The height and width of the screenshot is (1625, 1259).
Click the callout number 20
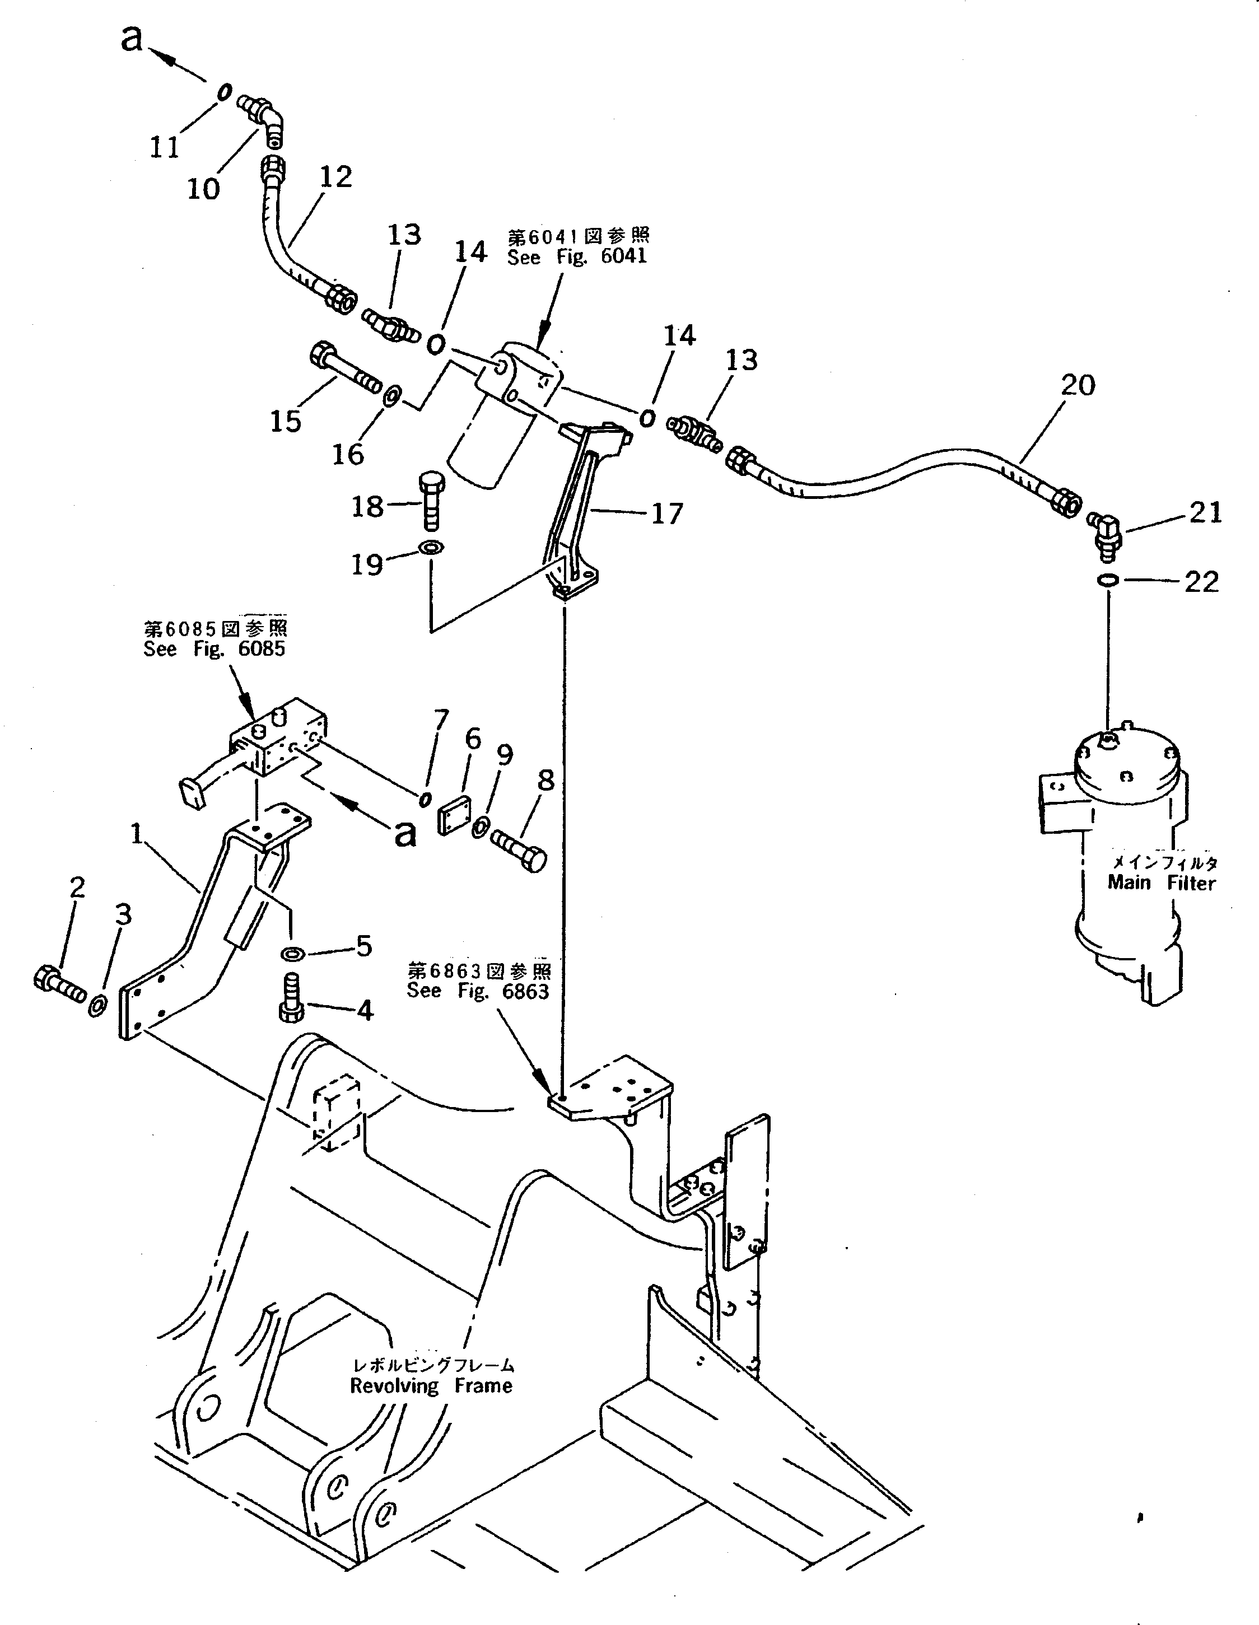tap(1078, 385)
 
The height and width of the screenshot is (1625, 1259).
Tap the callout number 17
tap(666, 513)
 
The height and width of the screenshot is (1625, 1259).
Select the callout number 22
tap(1201, 581)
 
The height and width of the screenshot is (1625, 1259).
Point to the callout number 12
tap(335, 177)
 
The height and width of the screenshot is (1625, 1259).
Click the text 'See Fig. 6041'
tap(577, 256)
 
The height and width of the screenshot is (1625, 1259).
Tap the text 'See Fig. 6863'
tap(477, 991)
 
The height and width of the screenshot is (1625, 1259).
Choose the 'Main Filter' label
tap(1161, 882)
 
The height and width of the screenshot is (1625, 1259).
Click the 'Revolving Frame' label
tap(431, 1386)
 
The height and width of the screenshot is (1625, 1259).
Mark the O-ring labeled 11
tap(222, 93)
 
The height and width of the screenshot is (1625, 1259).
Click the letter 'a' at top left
tap(131, 39)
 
